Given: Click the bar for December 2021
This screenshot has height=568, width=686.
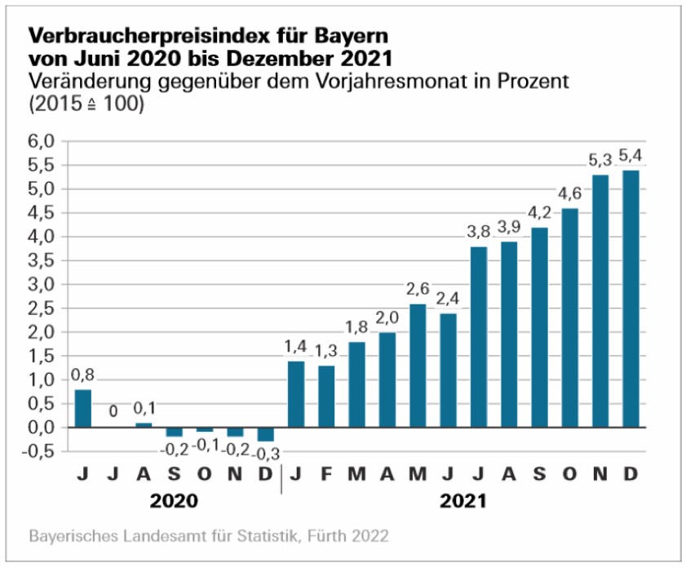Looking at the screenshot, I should pyautogui.click(x=631, y=299).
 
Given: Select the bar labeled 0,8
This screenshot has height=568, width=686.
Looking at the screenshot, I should pyautogui.click(x=83, y=408).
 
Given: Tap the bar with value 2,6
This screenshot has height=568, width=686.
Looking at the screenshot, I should pyautogui.click(x=418, y=366).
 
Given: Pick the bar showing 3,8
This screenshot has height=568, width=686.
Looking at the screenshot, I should pyautogui.click(x=479, y=337).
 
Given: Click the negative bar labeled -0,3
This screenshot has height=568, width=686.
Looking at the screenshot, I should pyautogui.click(x=265, y=434).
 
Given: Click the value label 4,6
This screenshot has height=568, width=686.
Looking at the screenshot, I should pyautogui.click(x=569, y=193).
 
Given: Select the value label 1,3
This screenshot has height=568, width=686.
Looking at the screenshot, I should pyautogui.click(x=326, y=351).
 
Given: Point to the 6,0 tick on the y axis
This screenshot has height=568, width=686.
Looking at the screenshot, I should pyautogui.click(x=42, y=141).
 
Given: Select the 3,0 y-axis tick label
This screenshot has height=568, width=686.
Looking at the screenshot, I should pyautogui.click(x=42, y=285).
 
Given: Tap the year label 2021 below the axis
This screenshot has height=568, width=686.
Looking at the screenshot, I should pyautogui.click(x=464, y=500).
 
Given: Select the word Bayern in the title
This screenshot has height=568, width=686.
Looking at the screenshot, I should pyautogui.click(x=349, y=37).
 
